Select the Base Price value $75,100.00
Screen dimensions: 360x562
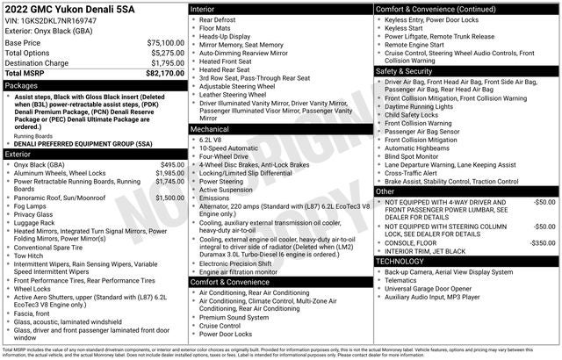tap(165, 42)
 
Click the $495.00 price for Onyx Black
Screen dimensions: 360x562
tap(172, 164)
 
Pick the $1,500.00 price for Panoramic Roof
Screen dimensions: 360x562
tap(169, 198)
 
